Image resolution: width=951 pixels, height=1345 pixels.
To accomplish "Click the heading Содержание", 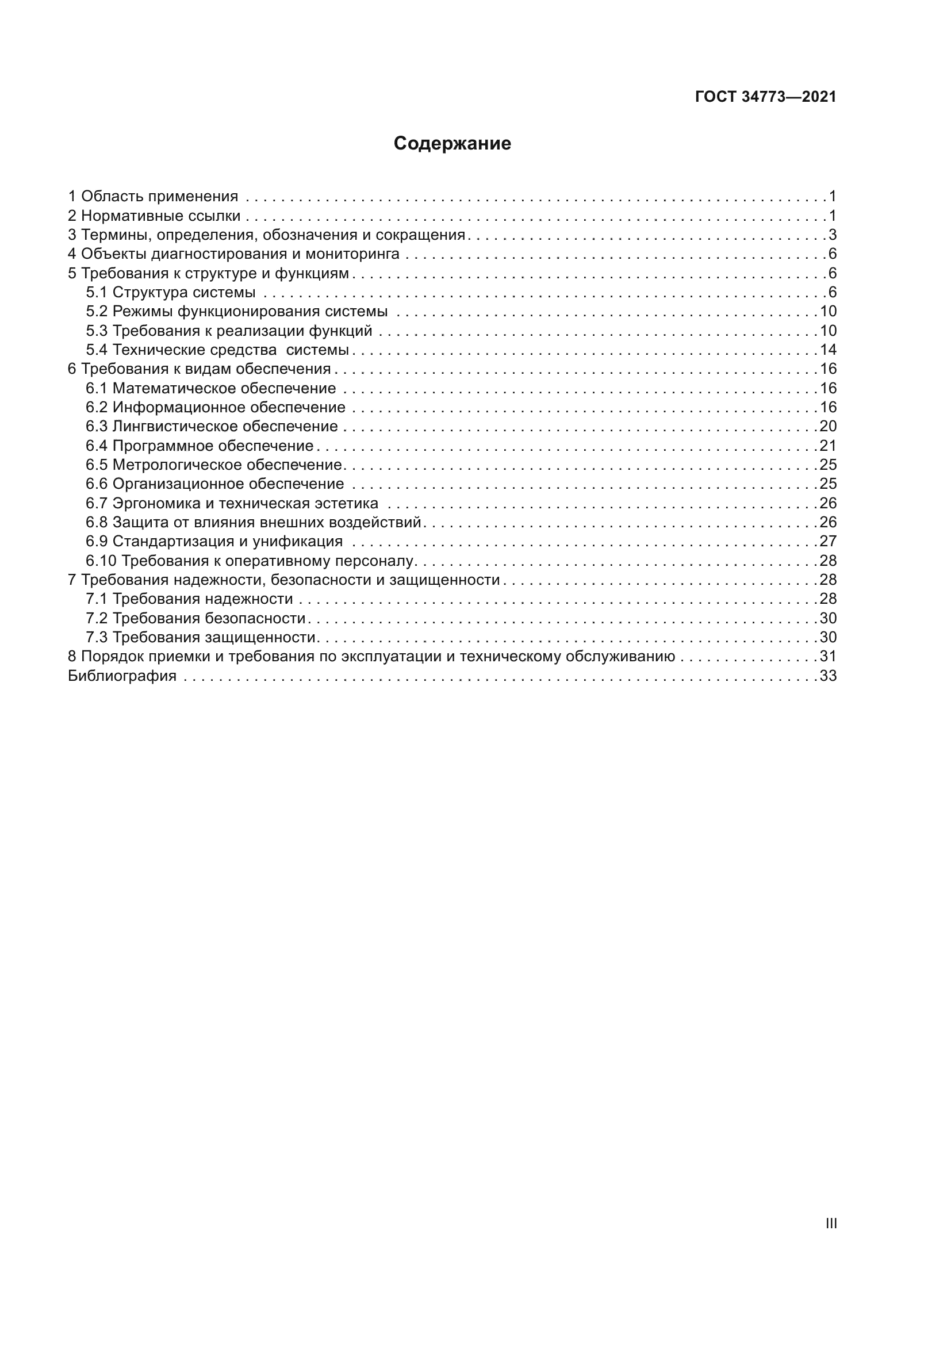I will click(452, 144).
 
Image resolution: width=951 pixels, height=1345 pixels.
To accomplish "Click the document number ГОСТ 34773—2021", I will click(765, 97).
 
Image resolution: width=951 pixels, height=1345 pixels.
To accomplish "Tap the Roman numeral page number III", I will click(831, 1223).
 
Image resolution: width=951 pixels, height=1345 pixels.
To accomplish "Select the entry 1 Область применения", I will click(154, 196).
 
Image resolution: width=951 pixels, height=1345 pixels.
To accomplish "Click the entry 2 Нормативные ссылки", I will click(155, 216).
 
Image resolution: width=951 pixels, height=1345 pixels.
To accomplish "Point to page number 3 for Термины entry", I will click(832, 235).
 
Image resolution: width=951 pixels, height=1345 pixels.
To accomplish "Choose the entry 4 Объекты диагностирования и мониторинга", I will click(234, 254).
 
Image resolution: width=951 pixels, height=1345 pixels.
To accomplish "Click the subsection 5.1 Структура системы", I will click(171, 292).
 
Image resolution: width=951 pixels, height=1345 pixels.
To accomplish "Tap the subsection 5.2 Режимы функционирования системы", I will click(237, 311).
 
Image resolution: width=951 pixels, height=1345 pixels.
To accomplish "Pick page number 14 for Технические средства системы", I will click(828, 350).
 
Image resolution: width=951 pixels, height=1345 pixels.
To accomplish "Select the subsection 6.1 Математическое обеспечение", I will click(211, 388).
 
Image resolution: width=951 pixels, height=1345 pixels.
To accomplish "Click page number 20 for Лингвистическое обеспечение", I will click(828, 426).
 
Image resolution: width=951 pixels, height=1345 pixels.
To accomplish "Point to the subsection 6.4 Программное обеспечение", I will click(200, 446).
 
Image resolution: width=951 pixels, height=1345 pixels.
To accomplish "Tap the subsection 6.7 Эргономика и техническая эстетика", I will click(232, 503).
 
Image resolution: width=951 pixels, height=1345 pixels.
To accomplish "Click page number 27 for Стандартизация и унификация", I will click(828, 541).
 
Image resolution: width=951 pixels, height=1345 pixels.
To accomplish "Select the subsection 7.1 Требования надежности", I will click(190, 599).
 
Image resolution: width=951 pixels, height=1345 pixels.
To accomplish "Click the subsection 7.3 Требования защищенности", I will click(201, 637).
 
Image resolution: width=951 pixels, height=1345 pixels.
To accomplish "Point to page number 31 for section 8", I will click(828, 656).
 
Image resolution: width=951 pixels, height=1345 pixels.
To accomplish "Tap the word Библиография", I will click(122, 676).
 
